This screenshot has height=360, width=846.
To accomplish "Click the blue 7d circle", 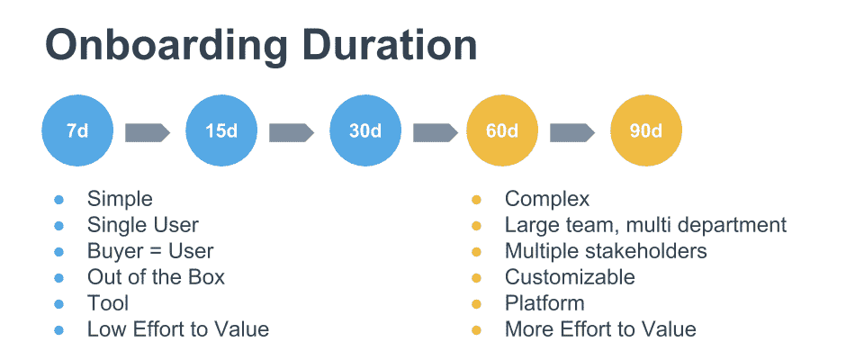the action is tap(77, 130).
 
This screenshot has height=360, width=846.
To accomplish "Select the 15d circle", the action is tap(221, 130).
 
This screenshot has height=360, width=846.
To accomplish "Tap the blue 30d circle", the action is tap(365, 130).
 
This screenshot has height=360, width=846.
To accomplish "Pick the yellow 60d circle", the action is tap(503, 130).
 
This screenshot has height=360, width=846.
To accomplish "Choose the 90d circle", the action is tap(646, 130).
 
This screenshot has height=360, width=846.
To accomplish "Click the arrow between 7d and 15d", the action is tap(148, 133).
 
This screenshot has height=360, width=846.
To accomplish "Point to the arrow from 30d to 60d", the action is tap(436, 133).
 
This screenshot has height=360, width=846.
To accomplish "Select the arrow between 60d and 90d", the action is tap(572, 133).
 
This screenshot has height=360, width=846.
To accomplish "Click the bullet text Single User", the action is tap(143, 225).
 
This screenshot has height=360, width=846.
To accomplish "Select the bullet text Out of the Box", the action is tap(156, 277).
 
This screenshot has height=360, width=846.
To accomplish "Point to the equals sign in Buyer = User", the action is tap(153, 251).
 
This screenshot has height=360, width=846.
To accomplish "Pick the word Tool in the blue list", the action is tap(108, 303).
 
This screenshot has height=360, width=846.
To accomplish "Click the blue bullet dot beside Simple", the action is tap(58, 200).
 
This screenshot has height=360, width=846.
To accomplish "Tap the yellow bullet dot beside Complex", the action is tap(476, 200).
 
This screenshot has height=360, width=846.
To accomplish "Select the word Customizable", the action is tap(570, 277).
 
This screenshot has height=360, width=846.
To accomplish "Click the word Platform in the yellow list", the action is tap(544, 303).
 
